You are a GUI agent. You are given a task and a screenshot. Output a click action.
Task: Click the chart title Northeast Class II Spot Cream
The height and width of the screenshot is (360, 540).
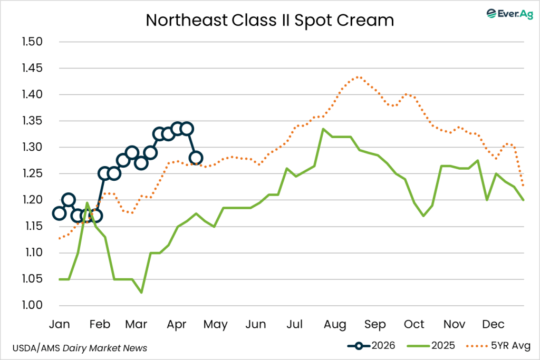pyautogui.click(x=269, y=20)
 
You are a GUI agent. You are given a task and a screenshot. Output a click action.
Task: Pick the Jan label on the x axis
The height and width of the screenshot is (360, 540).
pyautogui.click(x=59, y=324)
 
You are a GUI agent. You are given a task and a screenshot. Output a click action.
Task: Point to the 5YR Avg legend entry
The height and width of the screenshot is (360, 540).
pyautogui.click(x=498, y=346)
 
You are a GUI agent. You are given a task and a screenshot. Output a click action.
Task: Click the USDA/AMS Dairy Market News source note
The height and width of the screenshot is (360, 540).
pyautogui.click(x=79, y=348)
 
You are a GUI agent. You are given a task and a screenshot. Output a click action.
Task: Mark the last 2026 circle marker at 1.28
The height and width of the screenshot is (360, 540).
pyautogui.click(x=196, y=158)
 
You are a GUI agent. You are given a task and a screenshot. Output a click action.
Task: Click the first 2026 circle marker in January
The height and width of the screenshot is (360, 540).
pyautogui.click(x=59, y=213)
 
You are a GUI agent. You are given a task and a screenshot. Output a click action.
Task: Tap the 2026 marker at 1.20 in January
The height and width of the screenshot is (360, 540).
pyautogui.click(x=69, y=200)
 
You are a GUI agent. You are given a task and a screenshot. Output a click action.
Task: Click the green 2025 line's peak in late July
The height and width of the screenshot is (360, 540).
pyautogui.click(x=323, y=129)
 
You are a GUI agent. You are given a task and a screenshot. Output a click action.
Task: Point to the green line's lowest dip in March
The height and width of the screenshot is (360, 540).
pyautogui.click(x=141, y=293)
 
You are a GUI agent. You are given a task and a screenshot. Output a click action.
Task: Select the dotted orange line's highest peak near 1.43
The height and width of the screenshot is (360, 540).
pyautogui.click(x=358, y=77)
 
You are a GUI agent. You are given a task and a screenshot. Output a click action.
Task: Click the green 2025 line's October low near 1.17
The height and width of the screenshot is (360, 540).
pyautogui.click(x=423, y=216)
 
